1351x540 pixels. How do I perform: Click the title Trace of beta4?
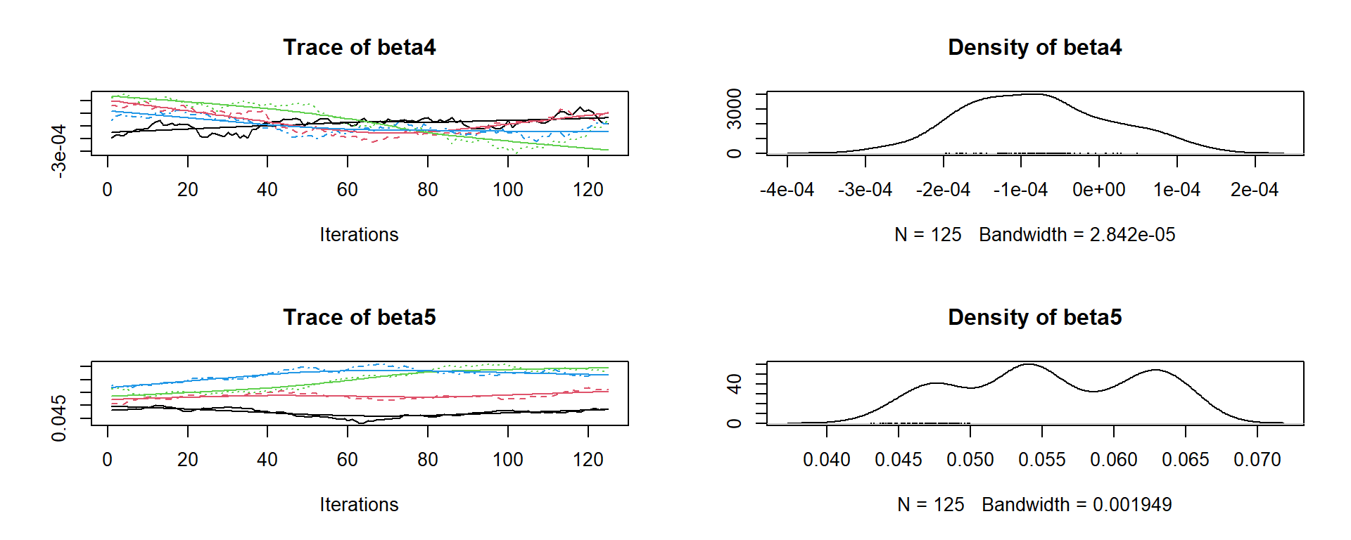[x=359, y=47]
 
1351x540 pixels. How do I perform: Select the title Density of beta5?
[x=1034, y=317]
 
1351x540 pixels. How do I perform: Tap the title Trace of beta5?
[x=359, y=317]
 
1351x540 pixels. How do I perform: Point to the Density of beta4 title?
[x=1034, y=47]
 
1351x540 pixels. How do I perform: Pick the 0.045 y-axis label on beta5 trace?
[x=59, y=418]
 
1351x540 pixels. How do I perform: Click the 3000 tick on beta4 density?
[x=734, y=109]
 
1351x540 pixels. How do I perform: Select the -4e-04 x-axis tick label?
[x=787, y=190]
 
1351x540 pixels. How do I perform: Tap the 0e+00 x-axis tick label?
[x=1098, y=190]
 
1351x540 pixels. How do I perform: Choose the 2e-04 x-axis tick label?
[x=1255, y=190]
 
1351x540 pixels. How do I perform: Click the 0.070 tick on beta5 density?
[x=1257, y=460]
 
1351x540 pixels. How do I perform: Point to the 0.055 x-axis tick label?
[x=1041, y=460]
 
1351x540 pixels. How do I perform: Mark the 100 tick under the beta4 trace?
[x=507, y=190]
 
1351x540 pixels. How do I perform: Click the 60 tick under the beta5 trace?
[x=347, y=460]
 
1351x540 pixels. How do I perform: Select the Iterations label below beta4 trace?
[x=359, y=235]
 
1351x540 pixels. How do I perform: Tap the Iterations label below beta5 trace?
[x=359, y=505]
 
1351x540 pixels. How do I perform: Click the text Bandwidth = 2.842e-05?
[x=1077, y=235]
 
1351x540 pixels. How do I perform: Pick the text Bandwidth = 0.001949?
[x=1077, y=505]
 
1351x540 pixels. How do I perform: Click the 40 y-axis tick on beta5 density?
[x=734, y=384]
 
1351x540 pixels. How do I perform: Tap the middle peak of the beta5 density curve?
[x=1029, y=364]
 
